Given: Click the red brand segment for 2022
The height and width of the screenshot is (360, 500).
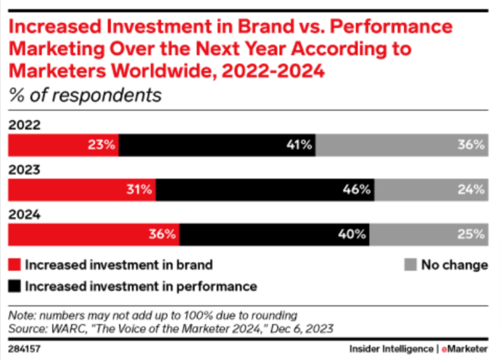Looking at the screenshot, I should [62, 145].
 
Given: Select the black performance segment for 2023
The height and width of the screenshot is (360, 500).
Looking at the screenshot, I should [265, 189].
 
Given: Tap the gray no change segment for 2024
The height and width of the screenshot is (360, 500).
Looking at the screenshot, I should [429, 234].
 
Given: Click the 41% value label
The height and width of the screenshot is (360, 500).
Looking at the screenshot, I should [298, 145].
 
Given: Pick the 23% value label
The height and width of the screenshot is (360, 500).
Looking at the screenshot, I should [102, 145].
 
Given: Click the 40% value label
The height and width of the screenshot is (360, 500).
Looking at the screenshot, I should [352, 234].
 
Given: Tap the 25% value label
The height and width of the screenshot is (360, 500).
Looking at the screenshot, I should [472, 234].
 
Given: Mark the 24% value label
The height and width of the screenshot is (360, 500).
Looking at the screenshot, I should [472, 189].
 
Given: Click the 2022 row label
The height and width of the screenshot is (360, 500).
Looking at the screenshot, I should [23, 126].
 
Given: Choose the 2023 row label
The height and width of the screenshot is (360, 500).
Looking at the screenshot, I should [23, 170].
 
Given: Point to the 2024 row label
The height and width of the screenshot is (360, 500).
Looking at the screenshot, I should [23, 215].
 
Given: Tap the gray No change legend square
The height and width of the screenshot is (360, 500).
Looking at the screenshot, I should [409, 265].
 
